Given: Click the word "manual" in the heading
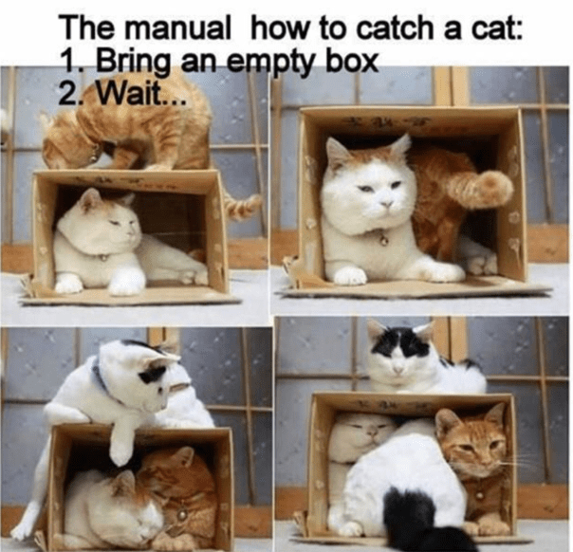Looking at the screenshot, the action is (x=178, y=28).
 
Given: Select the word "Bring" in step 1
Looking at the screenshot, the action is (x=134, y=63).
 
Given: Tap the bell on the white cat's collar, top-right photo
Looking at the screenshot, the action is (x=383, y=240).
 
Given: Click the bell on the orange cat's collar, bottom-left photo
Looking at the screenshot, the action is (x=180, y=515).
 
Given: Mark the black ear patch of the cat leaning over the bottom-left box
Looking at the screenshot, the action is (x=153, y=374).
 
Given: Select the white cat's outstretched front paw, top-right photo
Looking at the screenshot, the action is (x=350, y=276).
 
